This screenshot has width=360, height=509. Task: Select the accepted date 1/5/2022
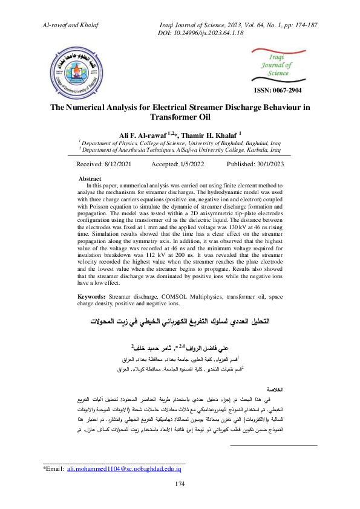coord(192,164)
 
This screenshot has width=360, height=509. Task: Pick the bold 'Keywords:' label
coord(93,297)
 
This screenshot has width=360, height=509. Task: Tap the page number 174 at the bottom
coord(179,484)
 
